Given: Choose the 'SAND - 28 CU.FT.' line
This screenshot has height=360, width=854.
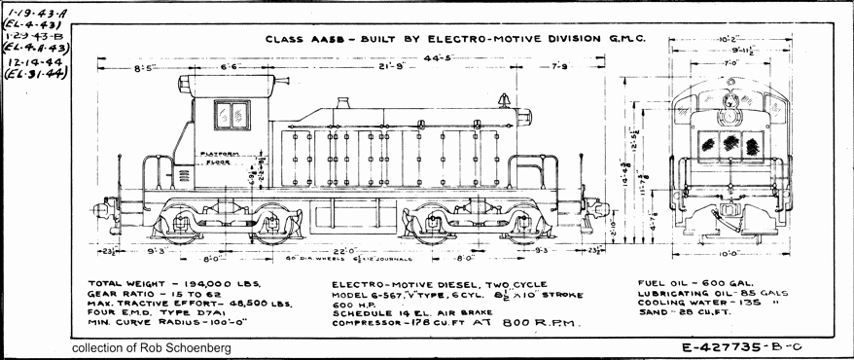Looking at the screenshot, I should tap(687, 313).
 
